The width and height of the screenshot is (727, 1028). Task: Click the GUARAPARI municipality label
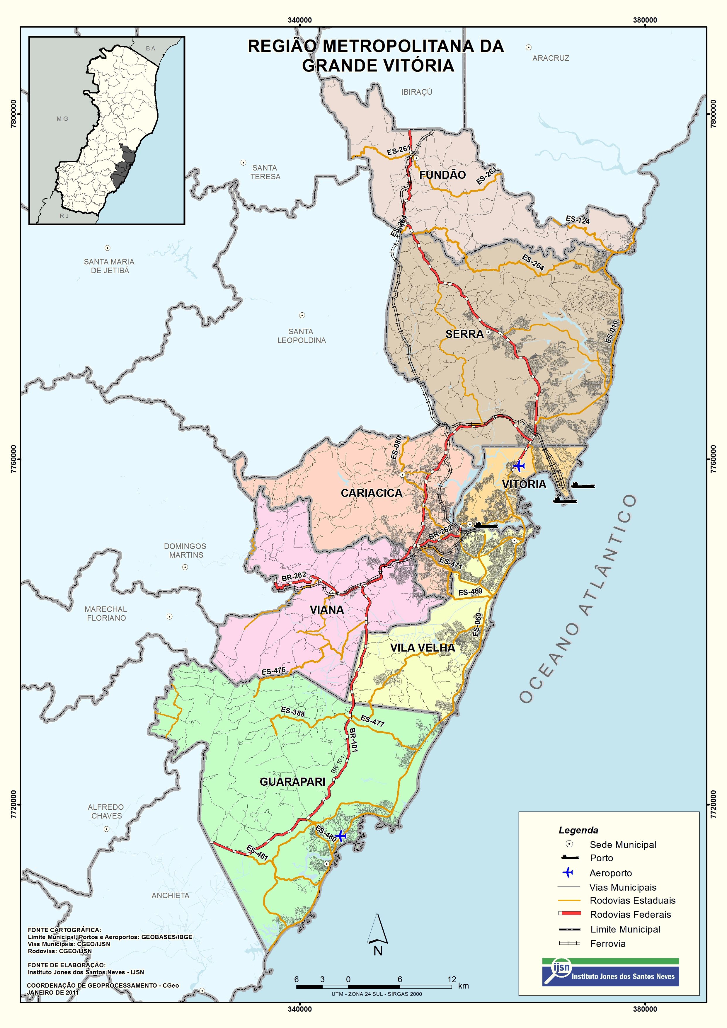tap(292, 781)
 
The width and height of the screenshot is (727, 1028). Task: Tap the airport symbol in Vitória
tap(518, 466)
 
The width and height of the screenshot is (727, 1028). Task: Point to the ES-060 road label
tap(478, 625)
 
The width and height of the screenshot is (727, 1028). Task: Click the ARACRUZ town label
tap(551, 58)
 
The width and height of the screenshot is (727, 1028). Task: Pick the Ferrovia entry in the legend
tap(607, 943)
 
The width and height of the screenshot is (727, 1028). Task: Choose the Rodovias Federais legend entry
tap(630, 914)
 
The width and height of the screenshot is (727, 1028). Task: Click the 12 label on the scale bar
tap(452, 979)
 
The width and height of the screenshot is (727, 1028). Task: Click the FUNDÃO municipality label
tap(442, 175)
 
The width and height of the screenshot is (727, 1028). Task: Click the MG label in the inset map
tap(62, 119)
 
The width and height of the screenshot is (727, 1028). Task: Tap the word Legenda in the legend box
tap(578, 830)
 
